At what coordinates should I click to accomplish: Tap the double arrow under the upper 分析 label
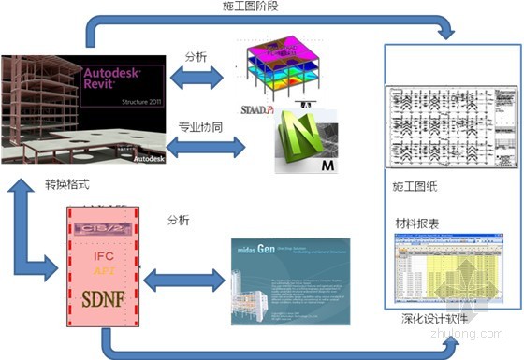pos(196,78)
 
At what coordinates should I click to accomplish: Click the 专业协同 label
pos(198,125)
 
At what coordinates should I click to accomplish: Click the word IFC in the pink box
pos(105,253)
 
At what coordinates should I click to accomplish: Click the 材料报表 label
pos(418,223)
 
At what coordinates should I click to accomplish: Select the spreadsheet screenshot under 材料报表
pos(450,270)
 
